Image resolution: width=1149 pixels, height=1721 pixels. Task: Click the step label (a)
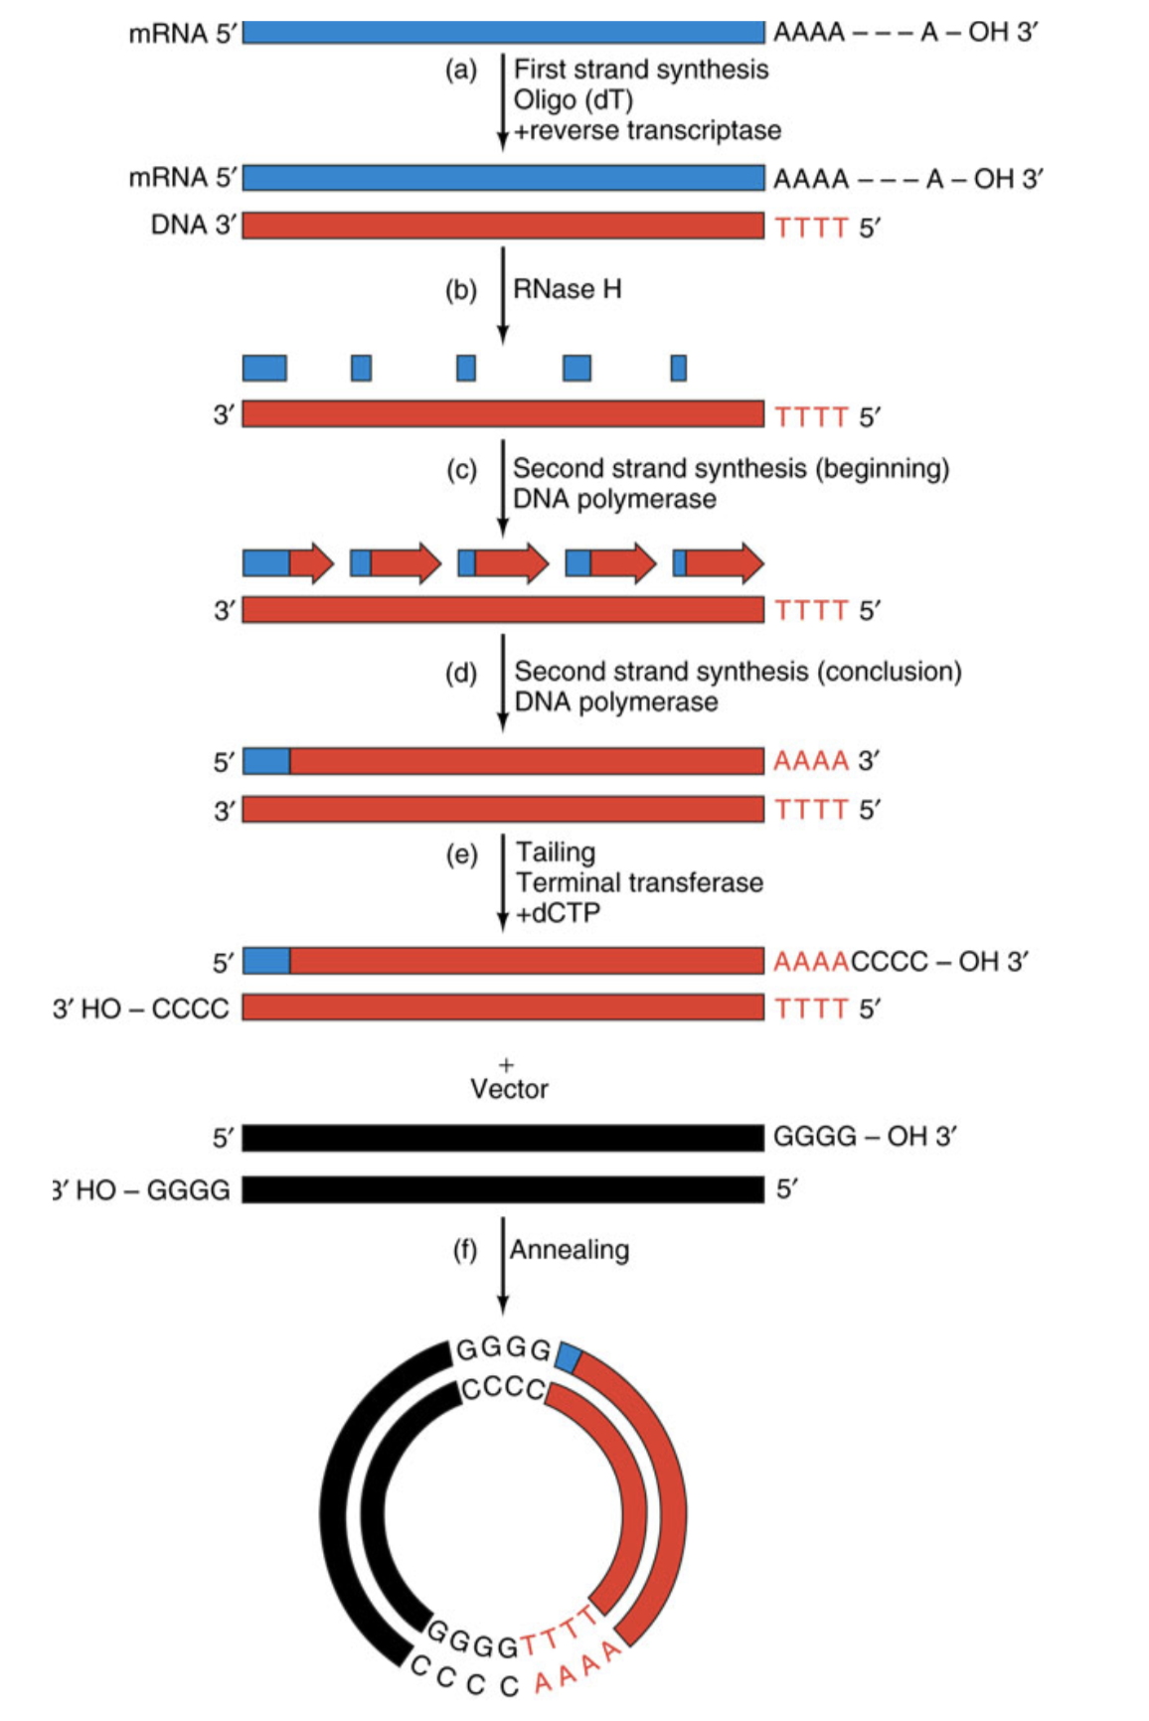(460, 71)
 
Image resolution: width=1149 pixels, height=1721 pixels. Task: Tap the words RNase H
(567, 289)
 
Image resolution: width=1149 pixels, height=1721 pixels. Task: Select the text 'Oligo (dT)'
(573, 100)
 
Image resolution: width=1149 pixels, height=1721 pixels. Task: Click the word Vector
(509, 1089)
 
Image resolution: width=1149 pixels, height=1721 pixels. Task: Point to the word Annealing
(570, 1249)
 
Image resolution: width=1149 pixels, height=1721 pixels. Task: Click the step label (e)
(461, 855)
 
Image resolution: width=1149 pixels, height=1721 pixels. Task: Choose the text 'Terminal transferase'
(639, 882)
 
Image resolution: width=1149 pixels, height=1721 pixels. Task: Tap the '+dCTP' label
(558, 913)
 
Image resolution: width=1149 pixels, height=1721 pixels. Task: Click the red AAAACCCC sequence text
(850, 961)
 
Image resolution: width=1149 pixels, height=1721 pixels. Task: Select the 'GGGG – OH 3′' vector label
(864, 1136)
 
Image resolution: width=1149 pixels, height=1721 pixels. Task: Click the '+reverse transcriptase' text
(646, 130)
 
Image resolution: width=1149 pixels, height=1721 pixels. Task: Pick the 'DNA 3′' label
(194, 226)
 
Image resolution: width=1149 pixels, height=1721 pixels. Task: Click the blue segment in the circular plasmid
(568, 1356)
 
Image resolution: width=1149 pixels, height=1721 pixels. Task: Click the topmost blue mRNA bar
(503, 33)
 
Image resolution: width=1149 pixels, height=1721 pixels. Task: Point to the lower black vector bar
(503, 1189)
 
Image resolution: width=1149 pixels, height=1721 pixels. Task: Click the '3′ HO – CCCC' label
(141, 1009)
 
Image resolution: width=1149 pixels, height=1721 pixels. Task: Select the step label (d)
(461, 674)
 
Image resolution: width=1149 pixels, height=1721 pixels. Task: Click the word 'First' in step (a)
(540, 70)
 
